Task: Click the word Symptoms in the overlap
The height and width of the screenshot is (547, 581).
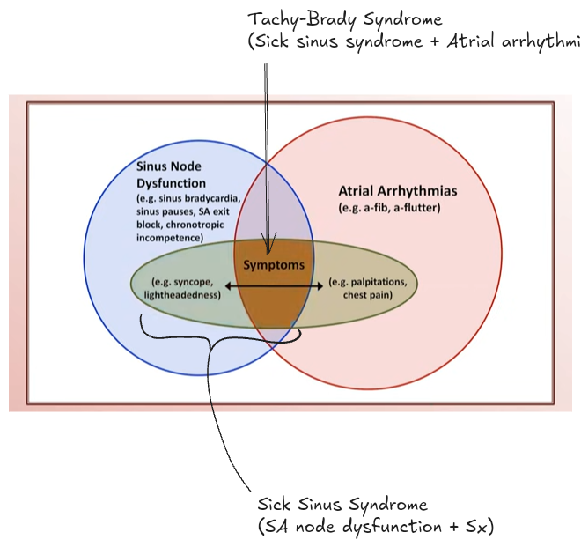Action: (x=274, y=264)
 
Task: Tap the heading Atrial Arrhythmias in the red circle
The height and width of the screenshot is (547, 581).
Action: (x=397, y=190)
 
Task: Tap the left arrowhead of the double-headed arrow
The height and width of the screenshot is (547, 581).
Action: (x=228, y=286)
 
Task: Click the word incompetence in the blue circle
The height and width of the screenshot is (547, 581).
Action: (x=168, y=239)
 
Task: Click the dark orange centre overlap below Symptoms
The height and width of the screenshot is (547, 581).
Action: (x=274, y=308)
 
